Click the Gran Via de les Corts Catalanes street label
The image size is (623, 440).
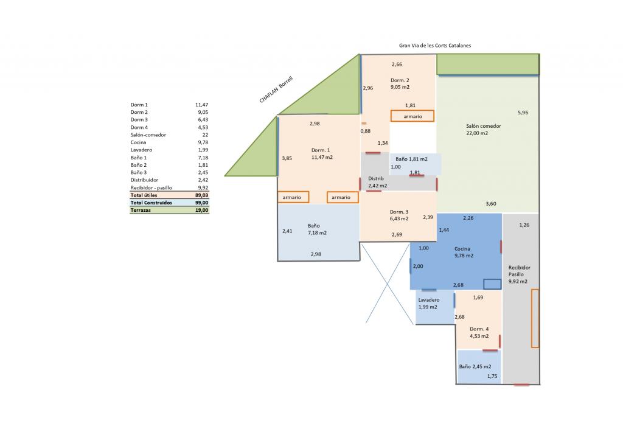point(435,46)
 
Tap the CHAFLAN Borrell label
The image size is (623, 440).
point(276,90)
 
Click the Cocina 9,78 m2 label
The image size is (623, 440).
point(464,252)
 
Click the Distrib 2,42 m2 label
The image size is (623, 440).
point(377,182)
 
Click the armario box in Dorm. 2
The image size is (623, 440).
point(412,116)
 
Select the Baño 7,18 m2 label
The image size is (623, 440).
point(317,229)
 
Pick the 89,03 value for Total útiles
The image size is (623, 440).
point(202,195)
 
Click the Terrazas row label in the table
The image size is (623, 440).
point(141,210)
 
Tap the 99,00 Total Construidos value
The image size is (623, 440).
point(202,203)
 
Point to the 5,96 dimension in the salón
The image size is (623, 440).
point(523,113)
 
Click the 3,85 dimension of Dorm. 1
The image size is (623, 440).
point(287,158)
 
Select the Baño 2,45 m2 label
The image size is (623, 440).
point(475,366)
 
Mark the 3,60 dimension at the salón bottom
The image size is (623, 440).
point(491,204)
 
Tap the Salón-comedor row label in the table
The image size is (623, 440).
point(148,134)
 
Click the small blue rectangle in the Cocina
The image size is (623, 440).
point(492,284)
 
